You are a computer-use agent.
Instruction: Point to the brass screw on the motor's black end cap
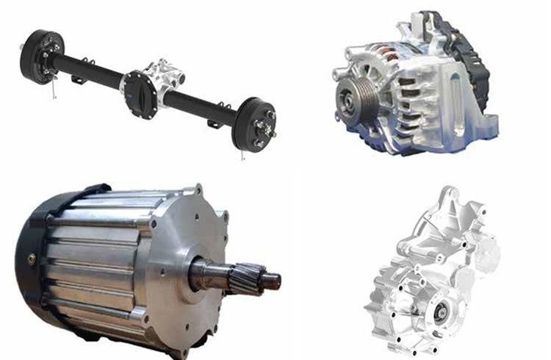click(31, 258)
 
